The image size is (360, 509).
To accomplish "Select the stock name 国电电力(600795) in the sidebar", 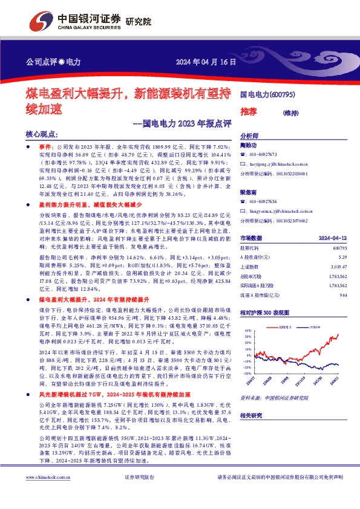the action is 268,95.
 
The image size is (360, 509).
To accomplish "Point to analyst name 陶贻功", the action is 249,146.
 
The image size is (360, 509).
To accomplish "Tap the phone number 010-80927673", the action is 264,155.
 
